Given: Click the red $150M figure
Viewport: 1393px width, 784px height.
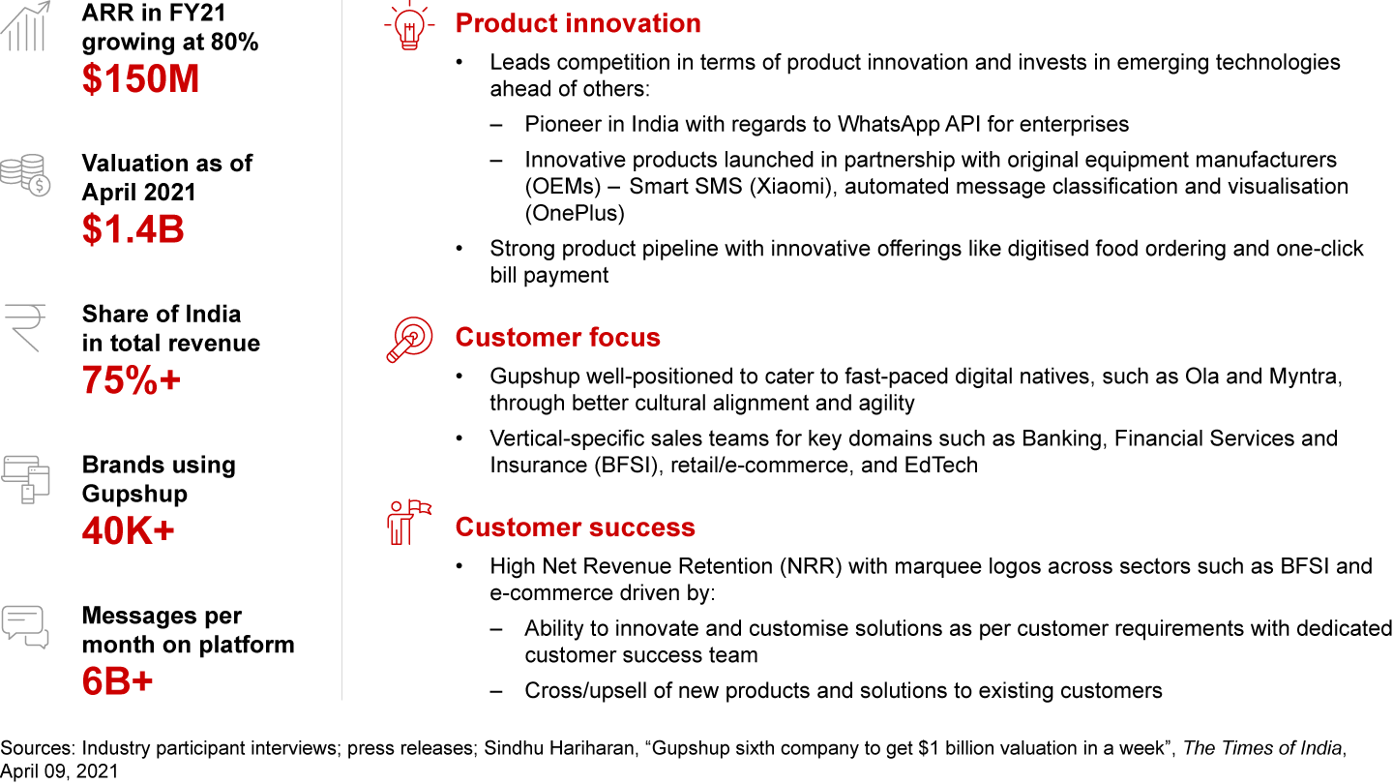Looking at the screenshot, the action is [140, 79].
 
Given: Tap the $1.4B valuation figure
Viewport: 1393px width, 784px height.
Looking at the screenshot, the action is [133, 229].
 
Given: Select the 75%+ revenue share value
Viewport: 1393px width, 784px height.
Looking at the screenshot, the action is [132, 379].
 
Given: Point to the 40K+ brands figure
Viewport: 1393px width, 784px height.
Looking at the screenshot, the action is [128, 530].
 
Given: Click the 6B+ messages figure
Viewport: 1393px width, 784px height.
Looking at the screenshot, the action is [117, 681].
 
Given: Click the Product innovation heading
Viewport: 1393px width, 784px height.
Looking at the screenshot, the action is [578, 23].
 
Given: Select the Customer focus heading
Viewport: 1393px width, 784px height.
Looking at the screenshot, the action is [557, 337].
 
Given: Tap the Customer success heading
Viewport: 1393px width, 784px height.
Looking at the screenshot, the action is [575, 527].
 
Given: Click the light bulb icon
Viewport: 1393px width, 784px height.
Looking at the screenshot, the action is [409, 25].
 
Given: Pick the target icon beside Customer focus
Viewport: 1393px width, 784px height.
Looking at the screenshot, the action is [409, 339].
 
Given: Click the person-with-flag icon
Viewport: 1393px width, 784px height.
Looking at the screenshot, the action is [408, 523].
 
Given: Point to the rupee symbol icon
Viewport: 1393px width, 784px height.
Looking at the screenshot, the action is [25, 328].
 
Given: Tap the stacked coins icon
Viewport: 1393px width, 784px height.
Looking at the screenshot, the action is [25, 175].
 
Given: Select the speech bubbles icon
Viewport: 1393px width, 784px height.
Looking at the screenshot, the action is [25, 627].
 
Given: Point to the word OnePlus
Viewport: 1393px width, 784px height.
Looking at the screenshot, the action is [575, 213].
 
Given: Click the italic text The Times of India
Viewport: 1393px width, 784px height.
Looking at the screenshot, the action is [1261, 748].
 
